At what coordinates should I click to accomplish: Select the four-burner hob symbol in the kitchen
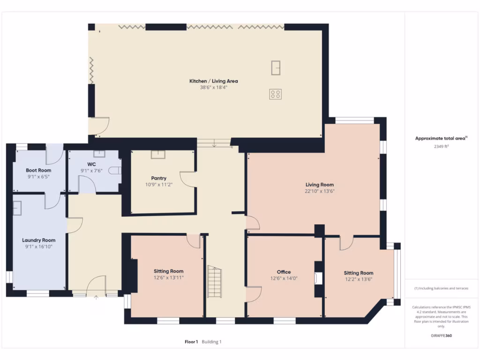(276, 94)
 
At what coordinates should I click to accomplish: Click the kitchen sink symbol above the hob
(276, 68)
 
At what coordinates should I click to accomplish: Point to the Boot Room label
(38, 170)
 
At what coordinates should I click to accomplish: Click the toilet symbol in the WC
(115, 171)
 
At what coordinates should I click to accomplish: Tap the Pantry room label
(159, 178)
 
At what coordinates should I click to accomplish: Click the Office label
(284, 272)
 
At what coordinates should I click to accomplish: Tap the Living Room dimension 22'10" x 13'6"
(320, 191)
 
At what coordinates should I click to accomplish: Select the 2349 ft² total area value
(441, 146)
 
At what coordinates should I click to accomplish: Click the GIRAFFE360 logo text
(441, 336)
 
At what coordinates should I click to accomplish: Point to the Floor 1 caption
(191, 342)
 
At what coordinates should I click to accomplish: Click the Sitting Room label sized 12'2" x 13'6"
(358, 273)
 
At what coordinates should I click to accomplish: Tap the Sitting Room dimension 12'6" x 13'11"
(168, 277)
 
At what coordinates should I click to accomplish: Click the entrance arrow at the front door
(96, 297)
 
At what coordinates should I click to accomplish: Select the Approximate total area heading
(440, 138)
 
